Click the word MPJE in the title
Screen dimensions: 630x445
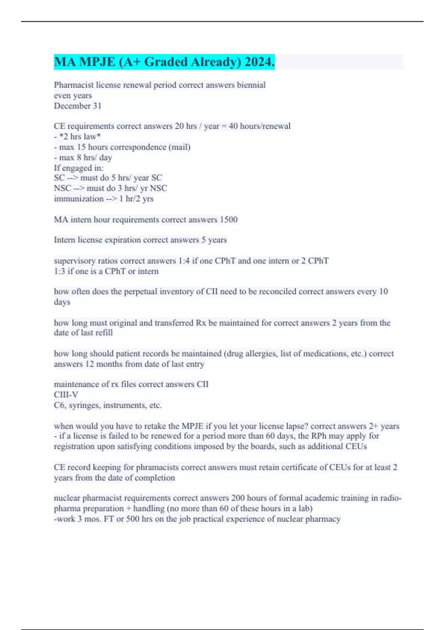pos(96,62)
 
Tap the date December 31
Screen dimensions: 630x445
pos(78,106)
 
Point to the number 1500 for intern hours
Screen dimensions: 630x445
pos(228,219)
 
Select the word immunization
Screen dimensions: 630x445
pos(79,199)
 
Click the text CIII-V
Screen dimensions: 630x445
pos(66,395)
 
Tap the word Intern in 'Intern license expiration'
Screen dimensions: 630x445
pos(65,240)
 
